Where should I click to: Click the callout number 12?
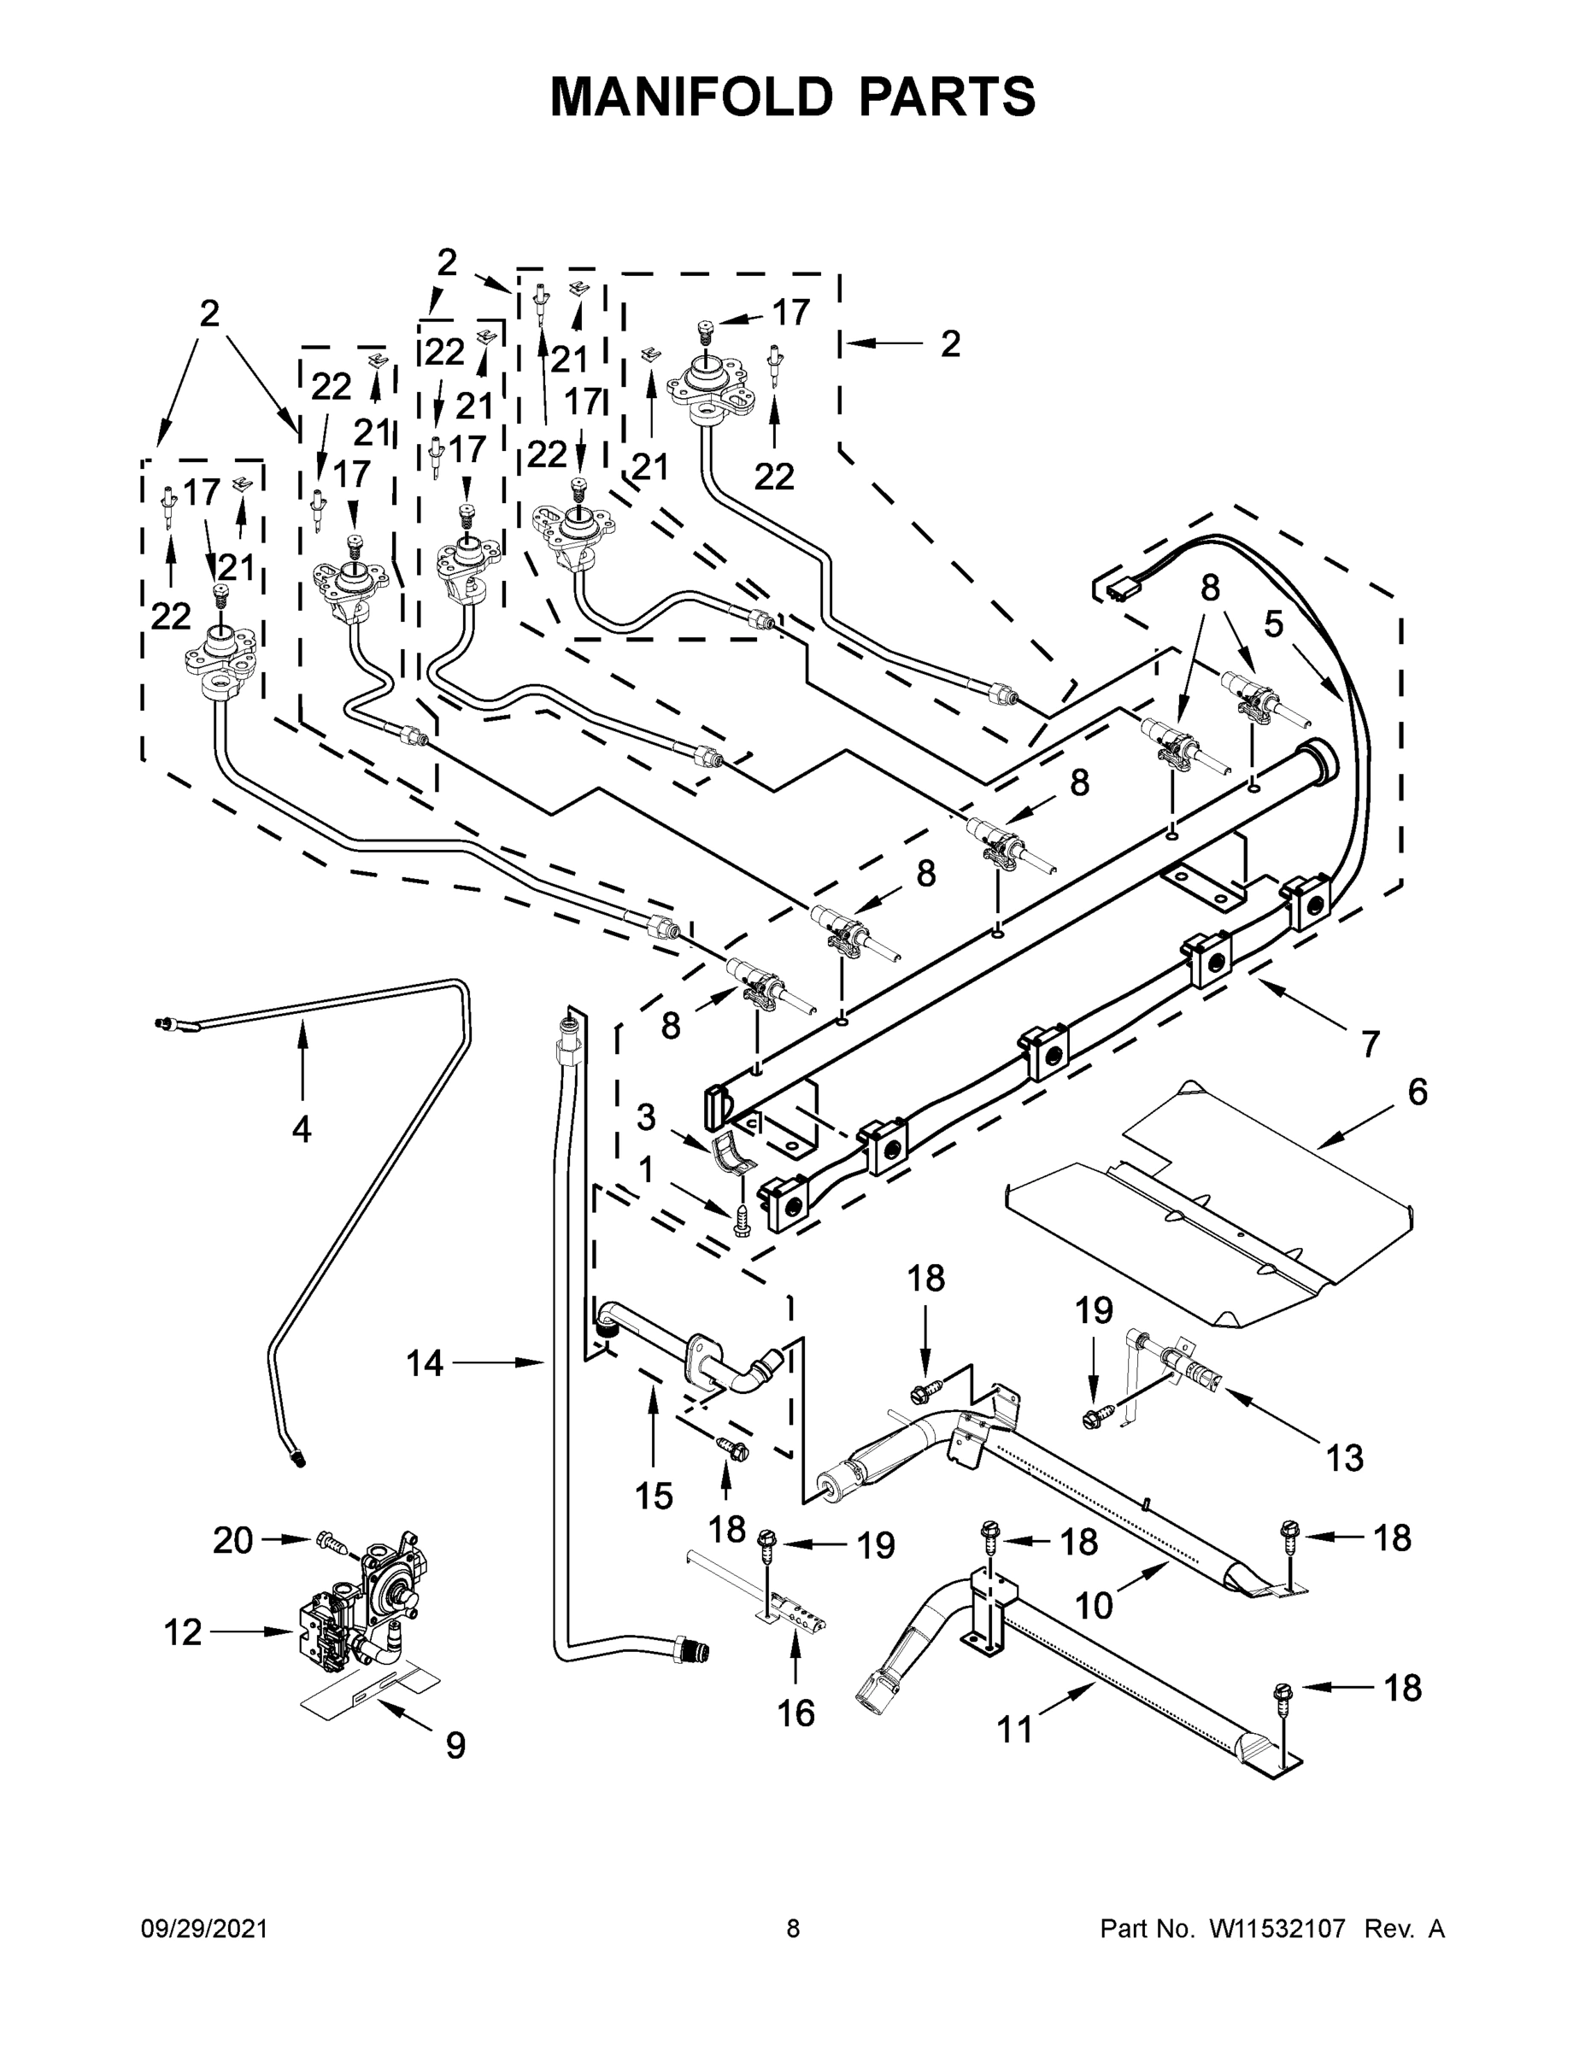pos(182,1632)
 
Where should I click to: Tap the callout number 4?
pos(301,1128)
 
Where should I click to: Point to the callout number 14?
pos(425,1362)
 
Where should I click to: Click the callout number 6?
pos(1417,1092)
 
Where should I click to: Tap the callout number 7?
pos(1370,1043)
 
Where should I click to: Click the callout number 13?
pos(1344,1458)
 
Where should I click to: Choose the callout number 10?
pos(1094,1605)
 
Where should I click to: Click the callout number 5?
pos(1272,624)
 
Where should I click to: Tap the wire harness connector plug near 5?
pos(1118,590)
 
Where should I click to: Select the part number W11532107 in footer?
pos(1277,1929)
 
